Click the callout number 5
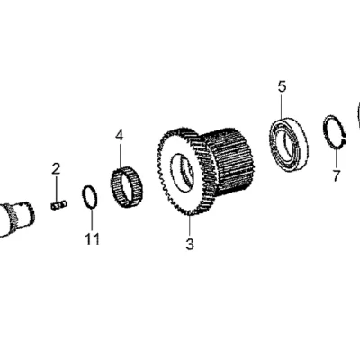pos(282,87)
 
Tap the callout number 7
pos(337,175)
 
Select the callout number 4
pos(120,136)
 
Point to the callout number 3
pos(190,244)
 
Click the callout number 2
pos(56,169)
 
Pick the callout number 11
pos(92,239)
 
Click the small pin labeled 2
pos(58,205)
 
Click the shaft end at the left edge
pos(16,219)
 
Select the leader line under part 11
pos(92,220)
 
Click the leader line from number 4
pos(120,157)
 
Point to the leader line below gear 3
pos(190,226)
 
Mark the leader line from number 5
pos(282,106)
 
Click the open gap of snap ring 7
pos(345,139)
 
